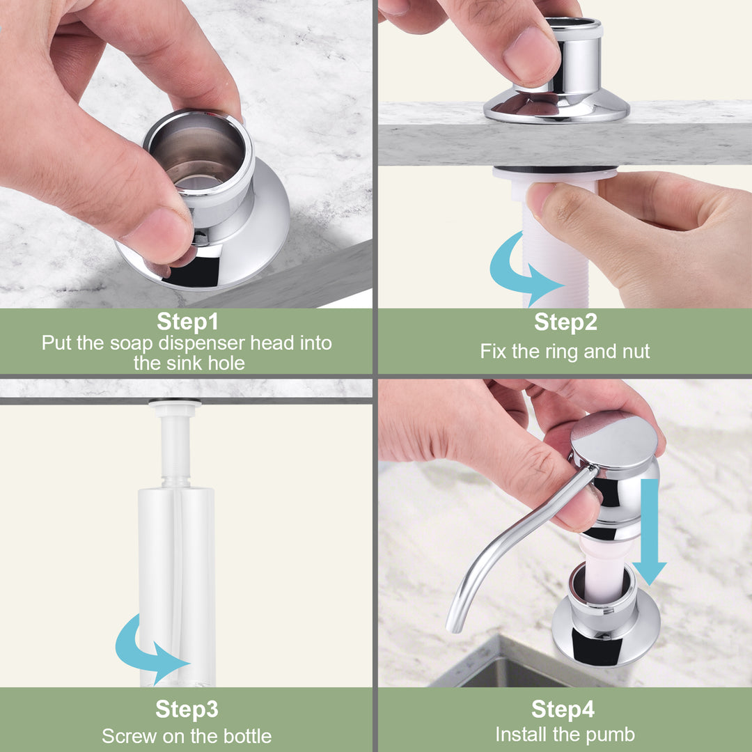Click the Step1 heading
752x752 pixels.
point(187,321)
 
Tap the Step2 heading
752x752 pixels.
point(565,321)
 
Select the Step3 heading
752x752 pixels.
point(187,709)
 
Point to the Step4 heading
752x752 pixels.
point(563,709)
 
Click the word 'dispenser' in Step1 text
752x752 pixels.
point(202,343)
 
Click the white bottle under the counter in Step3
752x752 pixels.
point(176,585)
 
